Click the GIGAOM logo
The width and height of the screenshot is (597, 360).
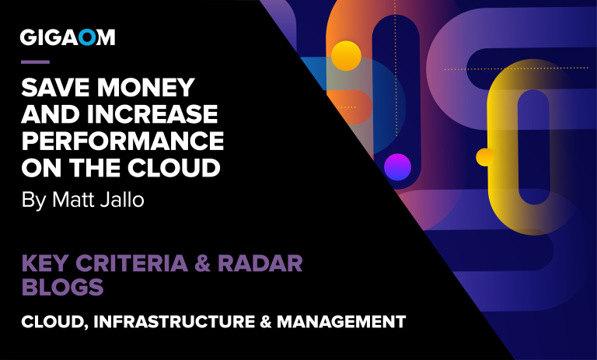point(67,37)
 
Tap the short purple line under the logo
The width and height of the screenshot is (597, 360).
point(35,61)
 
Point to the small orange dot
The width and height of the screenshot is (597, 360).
point(484,157)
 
